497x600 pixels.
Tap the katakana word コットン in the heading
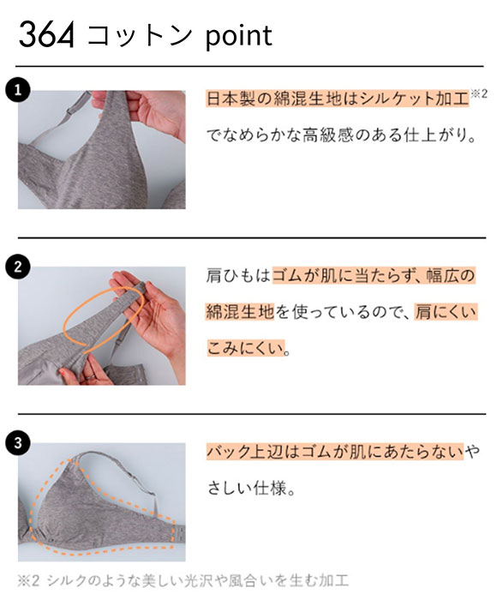[136, 36]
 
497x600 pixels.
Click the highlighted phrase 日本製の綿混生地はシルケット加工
[337, 97]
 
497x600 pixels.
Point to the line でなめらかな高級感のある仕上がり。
[340, 135]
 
